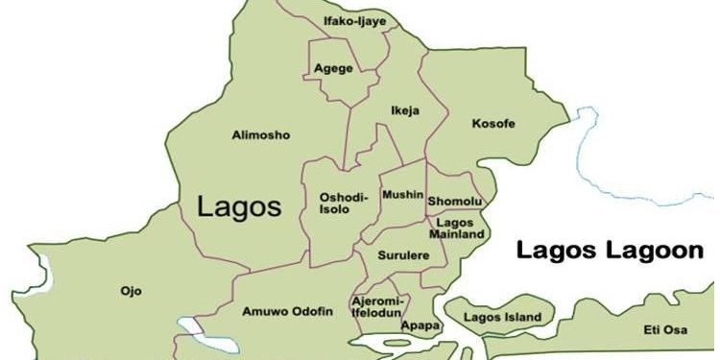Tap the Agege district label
coord(333,68)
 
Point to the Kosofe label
coord(495,124)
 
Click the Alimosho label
coord(260,135)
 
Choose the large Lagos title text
coord(239,205)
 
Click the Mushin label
coord(402,195)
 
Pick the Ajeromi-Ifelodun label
coord(379,306)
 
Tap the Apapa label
coord(420,325)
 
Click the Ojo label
coord(131,290)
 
